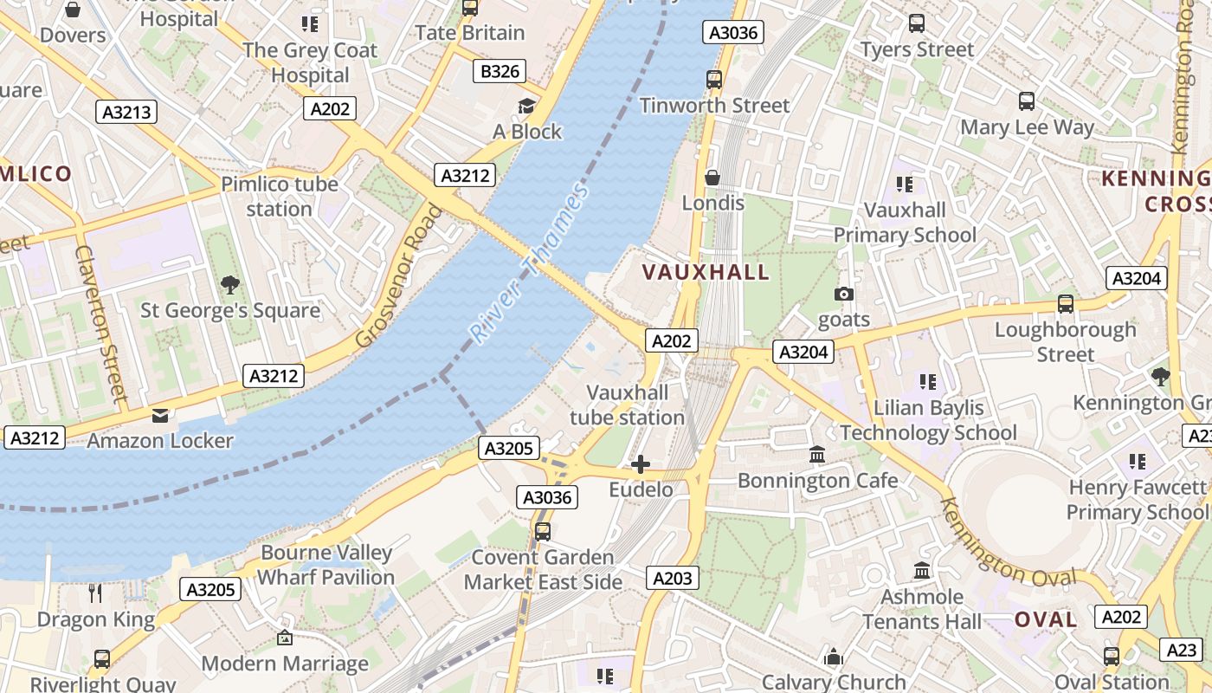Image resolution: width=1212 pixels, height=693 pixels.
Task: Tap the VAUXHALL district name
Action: (706, 272)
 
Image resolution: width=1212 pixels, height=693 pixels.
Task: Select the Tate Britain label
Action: (470, 33)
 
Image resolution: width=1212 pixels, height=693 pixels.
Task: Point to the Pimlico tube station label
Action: (279, 197)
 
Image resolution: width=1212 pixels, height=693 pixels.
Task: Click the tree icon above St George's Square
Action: (230, 285)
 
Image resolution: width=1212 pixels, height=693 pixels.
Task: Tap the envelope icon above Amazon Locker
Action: (160, 416)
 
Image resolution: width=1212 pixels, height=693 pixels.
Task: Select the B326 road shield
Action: (500, 71)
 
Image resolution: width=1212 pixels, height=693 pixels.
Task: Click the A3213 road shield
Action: (126, 112)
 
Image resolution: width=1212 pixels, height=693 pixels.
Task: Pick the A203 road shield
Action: (672, 578)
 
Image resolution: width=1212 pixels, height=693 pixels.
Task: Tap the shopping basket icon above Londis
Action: (712, 178)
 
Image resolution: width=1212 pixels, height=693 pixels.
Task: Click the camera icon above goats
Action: (843, 295)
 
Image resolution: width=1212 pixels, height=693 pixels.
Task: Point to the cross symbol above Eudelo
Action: (641, 465)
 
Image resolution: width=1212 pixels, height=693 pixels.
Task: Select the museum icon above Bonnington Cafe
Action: (817, 455)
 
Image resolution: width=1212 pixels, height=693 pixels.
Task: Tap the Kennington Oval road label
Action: (1009, 543)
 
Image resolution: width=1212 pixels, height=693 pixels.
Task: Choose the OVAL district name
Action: (1046, 619)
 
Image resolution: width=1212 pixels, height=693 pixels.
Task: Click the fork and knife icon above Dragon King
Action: (96, 593)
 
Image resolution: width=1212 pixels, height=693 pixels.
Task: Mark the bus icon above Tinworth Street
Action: (714, 80)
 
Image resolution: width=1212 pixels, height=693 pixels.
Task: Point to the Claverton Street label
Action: (101, 323)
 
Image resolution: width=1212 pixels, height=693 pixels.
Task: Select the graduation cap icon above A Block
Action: (526, 107)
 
